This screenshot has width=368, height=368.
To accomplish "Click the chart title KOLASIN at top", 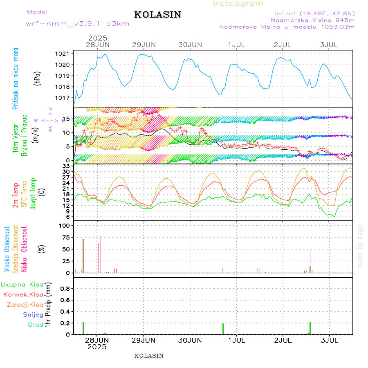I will pos(158,15).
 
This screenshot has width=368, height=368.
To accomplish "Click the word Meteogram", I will pos(238,4).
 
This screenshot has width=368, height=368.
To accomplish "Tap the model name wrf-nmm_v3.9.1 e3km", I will pos(78,24).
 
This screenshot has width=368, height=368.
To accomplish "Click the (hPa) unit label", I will pos(38,78).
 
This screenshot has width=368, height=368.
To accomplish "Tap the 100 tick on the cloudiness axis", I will pos(65,226).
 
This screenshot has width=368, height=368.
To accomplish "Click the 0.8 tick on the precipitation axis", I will pos(65,289).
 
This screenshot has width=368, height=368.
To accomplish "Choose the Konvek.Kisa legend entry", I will pos(23,294).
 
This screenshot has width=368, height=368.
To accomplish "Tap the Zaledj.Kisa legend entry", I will pos(25,305).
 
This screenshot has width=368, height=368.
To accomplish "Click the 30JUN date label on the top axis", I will pos(190,45).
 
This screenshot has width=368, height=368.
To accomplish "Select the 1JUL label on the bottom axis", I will pos(237,340).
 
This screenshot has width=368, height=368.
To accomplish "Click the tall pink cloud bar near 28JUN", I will pos(101,254).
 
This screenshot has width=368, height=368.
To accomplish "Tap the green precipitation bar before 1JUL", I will pos(223,329).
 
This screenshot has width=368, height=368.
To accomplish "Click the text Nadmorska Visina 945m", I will pos(312,20).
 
